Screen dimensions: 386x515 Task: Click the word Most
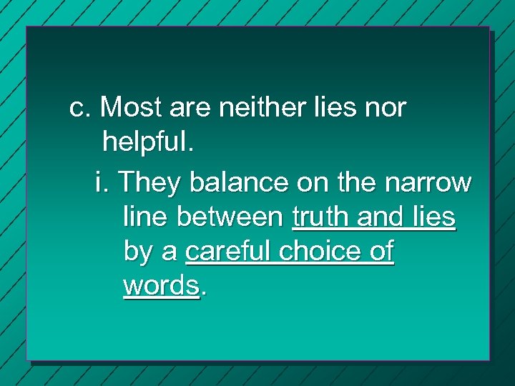coord(131,108)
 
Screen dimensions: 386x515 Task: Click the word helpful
coord(148,142)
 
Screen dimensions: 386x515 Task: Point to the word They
coord(149,182)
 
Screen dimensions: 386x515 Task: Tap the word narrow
coord(430,182)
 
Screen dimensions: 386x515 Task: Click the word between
coord(231,217)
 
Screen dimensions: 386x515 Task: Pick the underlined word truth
coord(318,217)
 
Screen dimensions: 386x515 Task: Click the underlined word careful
coord(229,252)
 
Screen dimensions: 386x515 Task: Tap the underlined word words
coord(160,285)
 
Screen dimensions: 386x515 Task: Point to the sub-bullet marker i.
coord(99,182)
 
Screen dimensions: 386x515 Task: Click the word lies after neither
coord(331,108)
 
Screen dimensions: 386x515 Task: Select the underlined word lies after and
coord(431,217)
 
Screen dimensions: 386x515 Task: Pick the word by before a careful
coord(137,252)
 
